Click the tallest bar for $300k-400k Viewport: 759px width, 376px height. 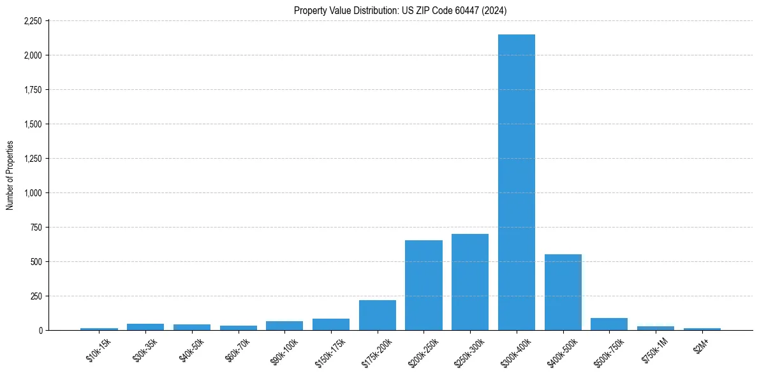pyautogui.click(x=517, y=182)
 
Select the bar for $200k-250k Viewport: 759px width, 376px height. pyautogui.click(x=424, y=285)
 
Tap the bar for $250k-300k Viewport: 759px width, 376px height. pyautogui.click(x=470, y=282)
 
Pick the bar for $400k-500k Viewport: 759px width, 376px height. pyautogui.click(x=563, y=292)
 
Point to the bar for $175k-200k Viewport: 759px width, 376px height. pyautogui.click(x=378, y=315)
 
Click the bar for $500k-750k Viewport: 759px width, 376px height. pyautogui.click(x=609, y=324)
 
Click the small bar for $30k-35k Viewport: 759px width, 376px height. pyautogui.click(x=145, y=327)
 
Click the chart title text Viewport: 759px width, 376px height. pyautogui.click(x=401, y=10)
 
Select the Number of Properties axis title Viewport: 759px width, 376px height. pyautogui.click(x=10, y=175)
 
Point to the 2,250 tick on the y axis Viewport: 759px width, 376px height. pyautogui.click(x=32, y=21)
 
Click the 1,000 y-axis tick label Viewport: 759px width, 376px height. pyautogui.click(x=33, y=193)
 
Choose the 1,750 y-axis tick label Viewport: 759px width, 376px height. pyautogui.click(x=32, y=90)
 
